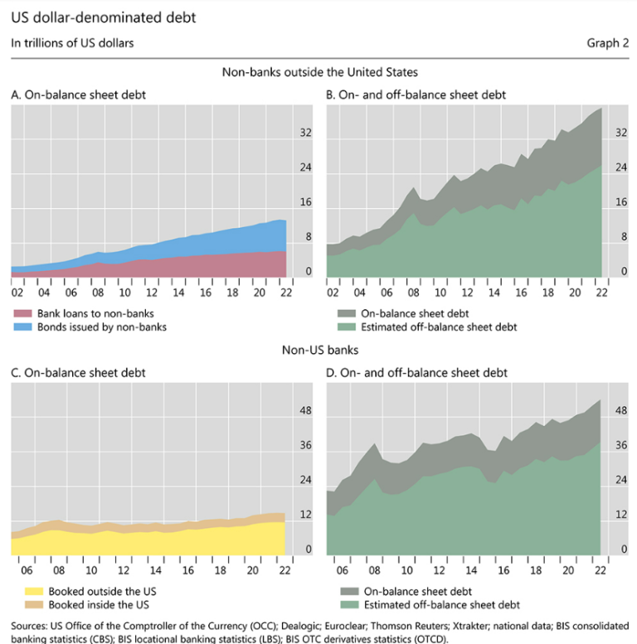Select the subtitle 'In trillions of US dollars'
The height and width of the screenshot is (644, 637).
pyautogui.click(x=72, y=43)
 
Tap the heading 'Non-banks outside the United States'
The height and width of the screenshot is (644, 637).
pyautogui.click(x=319, y=72)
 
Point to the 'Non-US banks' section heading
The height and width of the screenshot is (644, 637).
pyautogui.click(x=319, y=351)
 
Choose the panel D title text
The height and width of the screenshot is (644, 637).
pyautogui.click(x=416, y=373)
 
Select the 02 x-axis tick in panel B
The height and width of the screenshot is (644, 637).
pyautogui.click(x=333, y=293)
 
